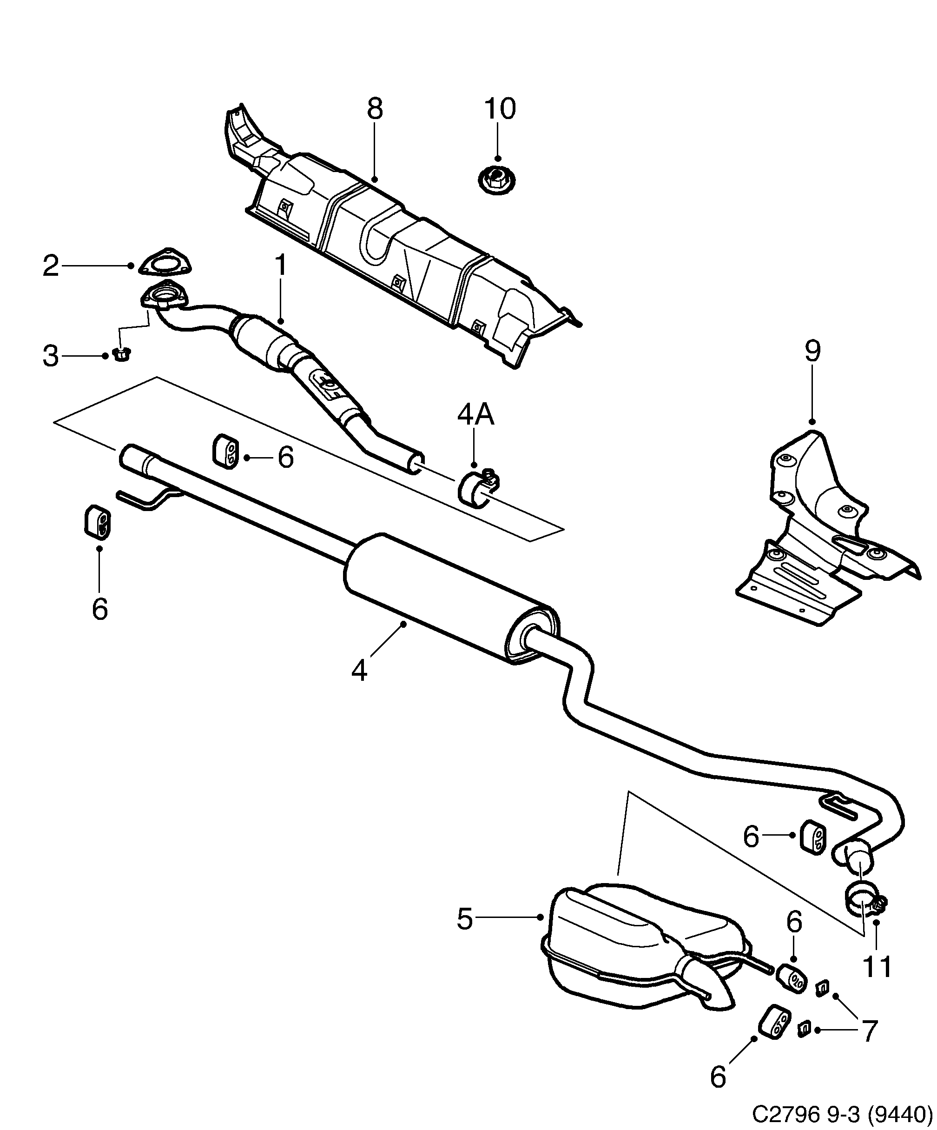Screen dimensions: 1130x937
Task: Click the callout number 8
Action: tap(375, 108)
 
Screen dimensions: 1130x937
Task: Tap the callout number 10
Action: tap(500, 108)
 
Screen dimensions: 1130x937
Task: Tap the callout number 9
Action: tap(812, 352)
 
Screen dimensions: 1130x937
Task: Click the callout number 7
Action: tap(869, 1031)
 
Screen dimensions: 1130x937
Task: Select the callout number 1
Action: tap(281, 265)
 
